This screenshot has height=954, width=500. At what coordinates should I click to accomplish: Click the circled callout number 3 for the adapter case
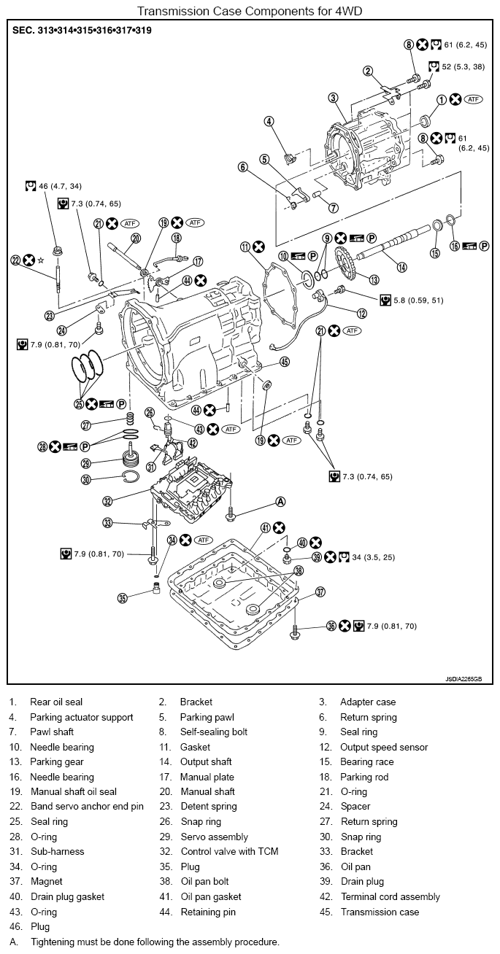[x=334, y=98]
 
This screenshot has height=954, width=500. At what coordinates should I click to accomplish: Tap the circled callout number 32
[x=108, y=501]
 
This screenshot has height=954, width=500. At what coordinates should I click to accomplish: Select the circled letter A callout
[x=280, y=502]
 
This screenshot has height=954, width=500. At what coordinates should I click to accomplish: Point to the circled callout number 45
[x=285, y=362]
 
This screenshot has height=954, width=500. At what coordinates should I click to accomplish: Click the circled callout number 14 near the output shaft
[x=401, y=267]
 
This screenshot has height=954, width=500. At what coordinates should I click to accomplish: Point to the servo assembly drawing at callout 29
[x=132, y=455]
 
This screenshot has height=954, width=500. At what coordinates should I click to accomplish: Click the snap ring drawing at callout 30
[x=130, y=478]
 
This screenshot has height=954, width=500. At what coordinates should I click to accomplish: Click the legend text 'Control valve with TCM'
[x=229, y=851]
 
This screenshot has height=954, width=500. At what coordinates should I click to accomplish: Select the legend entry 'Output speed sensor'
[x=384, y=747]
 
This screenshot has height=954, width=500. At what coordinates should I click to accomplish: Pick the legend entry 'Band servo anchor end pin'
[x=87, y=806]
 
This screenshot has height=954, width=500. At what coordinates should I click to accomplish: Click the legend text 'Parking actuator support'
[x=82, y=717]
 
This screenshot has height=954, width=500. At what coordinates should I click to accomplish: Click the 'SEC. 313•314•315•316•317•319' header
[x=82, y=30]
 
